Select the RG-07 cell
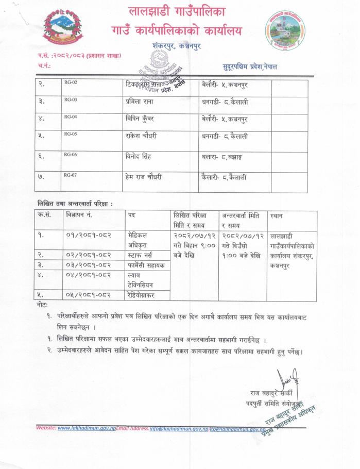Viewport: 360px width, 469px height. pyautogui.click(x=71, y=175)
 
